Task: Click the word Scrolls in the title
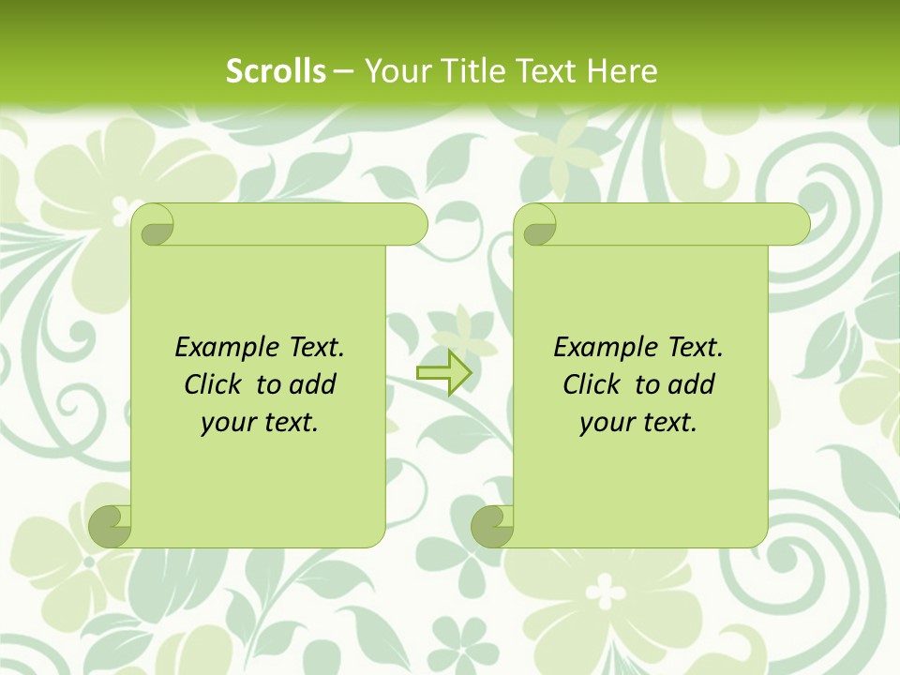(276, 71)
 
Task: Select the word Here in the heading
(622, 71)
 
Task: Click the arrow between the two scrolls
(443, 372)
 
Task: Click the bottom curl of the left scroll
(111, 527)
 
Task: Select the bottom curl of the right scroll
(493, 527)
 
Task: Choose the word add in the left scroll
(313, 384)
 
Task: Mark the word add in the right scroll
(692, 384)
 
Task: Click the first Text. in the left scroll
(311, 348)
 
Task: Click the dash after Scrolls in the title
(343, 71)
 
